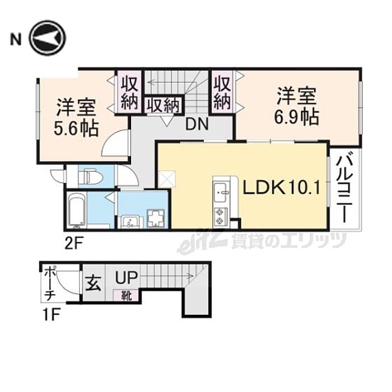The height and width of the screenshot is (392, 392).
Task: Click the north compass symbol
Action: pos(47,38)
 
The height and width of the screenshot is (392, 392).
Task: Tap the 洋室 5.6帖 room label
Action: pos(76,118)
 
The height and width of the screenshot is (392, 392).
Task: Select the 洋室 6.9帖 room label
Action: pos(296,106)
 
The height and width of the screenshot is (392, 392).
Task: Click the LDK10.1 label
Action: pos(282,188)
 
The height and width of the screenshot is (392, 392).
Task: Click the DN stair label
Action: pos(197,124)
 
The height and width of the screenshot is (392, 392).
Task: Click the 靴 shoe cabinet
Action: pos(126,296)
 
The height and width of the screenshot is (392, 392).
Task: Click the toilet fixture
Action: pos(90,177)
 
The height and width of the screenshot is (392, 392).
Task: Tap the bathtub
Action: pos(76,210)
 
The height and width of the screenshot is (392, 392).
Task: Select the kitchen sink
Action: pos(221,191)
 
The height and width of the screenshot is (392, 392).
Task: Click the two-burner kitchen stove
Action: pos(220,217)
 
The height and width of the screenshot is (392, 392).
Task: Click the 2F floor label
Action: pos(74,244)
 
